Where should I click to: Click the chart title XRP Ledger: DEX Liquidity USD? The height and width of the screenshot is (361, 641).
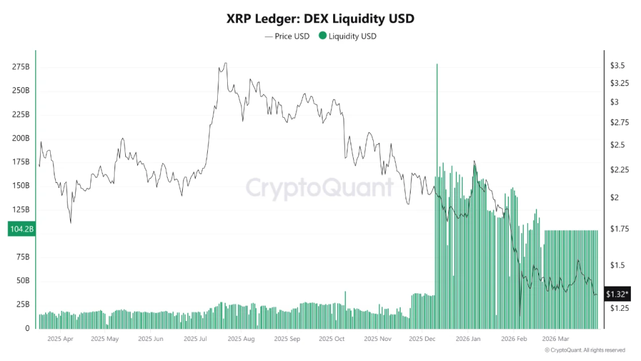pos(320,19)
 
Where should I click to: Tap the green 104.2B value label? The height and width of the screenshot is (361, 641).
pos(21,229)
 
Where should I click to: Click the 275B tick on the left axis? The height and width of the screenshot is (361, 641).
pos(21,66)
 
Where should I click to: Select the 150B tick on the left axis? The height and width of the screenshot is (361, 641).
pos(21,186)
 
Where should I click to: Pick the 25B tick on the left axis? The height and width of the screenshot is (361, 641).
pos(23,305)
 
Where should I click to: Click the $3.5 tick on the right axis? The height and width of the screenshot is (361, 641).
pos(618,65)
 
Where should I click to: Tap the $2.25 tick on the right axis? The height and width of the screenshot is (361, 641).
pos(619,170)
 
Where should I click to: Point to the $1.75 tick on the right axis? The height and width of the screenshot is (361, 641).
pos(619,229)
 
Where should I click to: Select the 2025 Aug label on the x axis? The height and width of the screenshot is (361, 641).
pos(241,339)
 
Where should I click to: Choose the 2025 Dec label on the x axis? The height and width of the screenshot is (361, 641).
pos(423,339)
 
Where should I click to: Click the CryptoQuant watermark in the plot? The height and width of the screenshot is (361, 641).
pos(319,187)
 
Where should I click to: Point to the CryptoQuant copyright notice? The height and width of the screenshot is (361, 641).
pos(585,350)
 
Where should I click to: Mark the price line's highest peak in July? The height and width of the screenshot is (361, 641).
pos(223,64)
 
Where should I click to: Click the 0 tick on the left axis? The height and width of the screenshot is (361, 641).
pos(27,328)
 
